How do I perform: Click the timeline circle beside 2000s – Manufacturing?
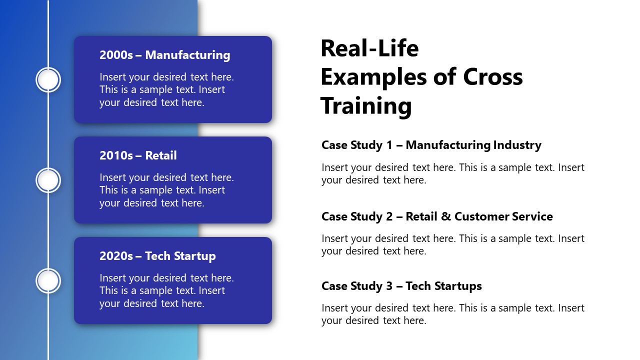coord(48,80)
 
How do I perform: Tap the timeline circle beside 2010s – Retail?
coord(48,180)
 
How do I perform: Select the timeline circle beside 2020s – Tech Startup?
coord(48,281)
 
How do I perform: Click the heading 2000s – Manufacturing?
coord(164,55)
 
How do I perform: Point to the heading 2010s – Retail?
coord(138,155)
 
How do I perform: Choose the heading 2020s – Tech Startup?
coord(157,256)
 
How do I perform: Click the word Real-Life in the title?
coord(369,48)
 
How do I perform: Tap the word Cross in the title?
coord(493,77)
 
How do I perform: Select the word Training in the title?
coord(366,106)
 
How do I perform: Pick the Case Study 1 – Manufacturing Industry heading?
coord(431,145)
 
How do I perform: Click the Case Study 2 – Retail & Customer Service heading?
coord(437,216)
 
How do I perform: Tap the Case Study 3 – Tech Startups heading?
coord(401,286)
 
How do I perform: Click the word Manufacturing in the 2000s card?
coord(187,55)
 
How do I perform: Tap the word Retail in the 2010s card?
coord(161,155)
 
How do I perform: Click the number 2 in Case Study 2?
coord(389,216)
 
